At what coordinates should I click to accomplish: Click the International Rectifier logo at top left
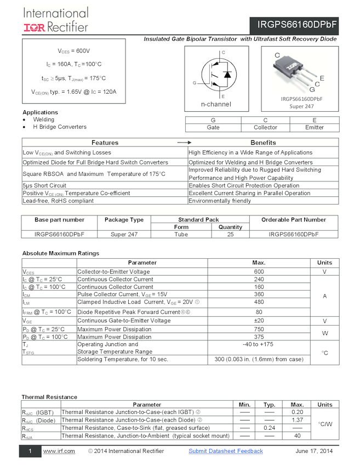click(x=55, y=19)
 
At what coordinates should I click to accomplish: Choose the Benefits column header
click(x=263, y=143)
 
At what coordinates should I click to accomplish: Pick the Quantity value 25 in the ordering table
click(x=230, y=234)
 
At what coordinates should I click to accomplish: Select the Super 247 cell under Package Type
click(x=124, y=234)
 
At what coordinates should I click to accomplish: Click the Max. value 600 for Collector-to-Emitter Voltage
click(x=259, y=271)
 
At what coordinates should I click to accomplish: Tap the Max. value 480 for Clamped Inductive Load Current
click(x=259, y=302)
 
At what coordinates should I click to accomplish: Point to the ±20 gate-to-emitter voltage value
click(x=259, y=320)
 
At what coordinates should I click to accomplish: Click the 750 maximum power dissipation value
click(x=259, y=329)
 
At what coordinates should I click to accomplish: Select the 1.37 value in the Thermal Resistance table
click(x=297, y=420)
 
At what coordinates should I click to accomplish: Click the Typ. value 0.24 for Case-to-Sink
click(x=269, y=428)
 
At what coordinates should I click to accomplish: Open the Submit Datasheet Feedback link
click(x=226, y=451)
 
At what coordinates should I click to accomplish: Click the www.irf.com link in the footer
click(x=59, y=451)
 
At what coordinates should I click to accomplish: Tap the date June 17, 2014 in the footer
click(x=314, y=451)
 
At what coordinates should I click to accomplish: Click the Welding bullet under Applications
click(x=44, y=120)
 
